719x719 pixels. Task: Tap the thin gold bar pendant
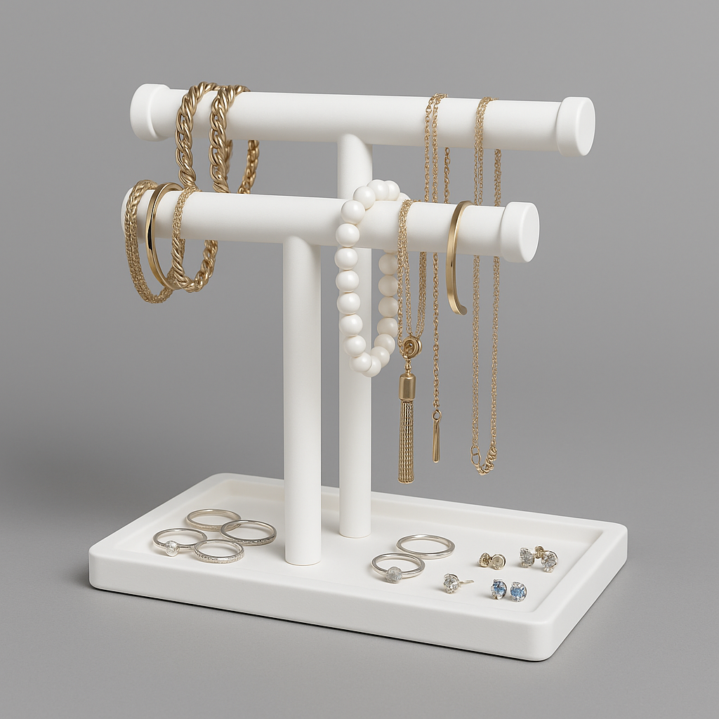click(x=436, y=439)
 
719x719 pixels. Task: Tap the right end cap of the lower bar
click(x=520, y=232)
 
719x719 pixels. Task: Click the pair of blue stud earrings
click(x=508, y=590)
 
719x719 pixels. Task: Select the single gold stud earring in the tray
click(x=492, y=560)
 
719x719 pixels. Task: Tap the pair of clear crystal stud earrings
click(x=539, y=558)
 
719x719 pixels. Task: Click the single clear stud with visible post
click(x=452, y=583)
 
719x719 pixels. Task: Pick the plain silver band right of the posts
click(x=426, y=546)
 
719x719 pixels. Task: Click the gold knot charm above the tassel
click(x=410, y=346)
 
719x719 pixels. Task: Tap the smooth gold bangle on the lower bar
click(x=158, y=235)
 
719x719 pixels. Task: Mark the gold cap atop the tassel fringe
click(x=407, y=386)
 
